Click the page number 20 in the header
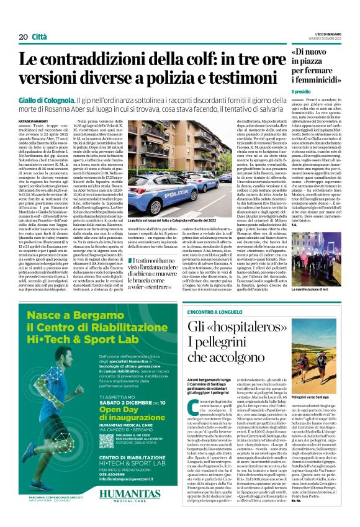(24, 37)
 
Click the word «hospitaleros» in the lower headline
(242, 327)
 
